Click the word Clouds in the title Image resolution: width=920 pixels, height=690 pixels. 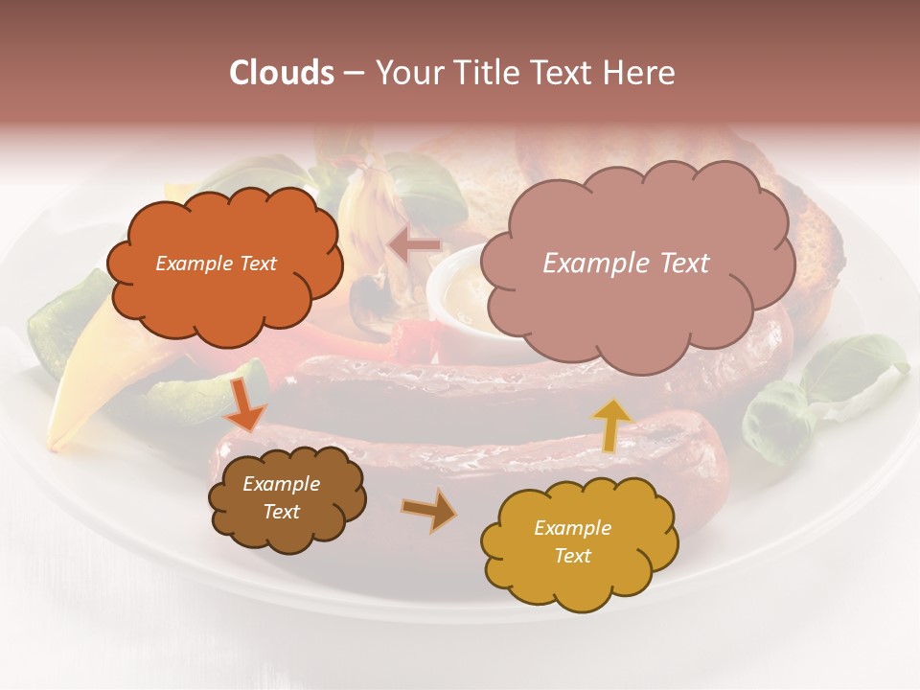click(281, 73)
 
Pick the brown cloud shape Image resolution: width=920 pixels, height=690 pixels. click(287, 498)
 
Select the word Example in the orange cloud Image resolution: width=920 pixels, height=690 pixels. click(189, 264)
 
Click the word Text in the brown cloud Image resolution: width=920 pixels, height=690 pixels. click(281, 512)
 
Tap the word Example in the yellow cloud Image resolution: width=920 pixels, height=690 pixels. click(572, 528)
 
